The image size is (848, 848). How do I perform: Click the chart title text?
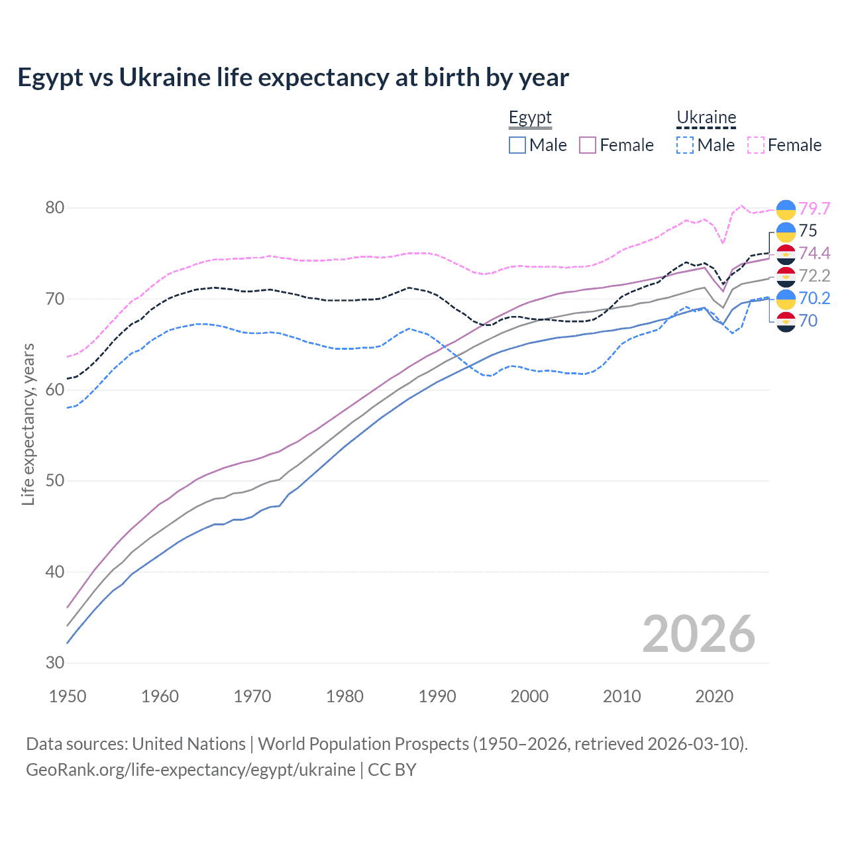tap(293, 78)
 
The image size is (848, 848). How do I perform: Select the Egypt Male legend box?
tap(517, 145)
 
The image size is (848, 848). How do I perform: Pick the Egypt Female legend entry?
tap(616, 145)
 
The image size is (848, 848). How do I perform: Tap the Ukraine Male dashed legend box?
tap(685, 145)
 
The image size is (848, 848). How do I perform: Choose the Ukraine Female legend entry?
tap(784, 145)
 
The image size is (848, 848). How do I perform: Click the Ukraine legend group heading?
tap(706, 118)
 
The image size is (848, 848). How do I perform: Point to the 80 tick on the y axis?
tap(55, 208)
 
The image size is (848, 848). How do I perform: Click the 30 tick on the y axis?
tap(55, 662)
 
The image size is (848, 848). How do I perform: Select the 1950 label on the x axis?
tap(68, 696)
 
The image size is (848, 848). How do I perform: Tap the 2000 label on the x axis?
tap(529, 696)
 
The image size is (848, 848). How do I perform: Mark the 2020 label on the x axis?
tap(714, 696)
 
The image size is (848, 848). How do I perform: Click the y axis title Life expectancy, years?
tap(28, 424)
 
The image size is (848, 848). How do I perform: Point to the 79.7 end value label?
tap(814, 209)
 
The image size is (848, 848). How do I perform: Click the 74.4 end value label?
tap(814, 253)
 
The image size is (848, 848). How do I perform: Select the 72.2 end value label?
tap(814, 276)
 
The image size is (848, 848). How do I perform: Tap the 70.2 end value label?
tap(814, 298)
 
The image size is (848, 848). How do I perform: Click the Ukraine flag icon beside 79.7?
tap(786, 209)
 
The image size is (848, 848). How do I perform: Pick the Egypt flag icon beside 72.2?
tap(786, 276)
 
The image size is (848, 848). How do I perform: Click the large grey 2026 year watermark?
tap(698, 634)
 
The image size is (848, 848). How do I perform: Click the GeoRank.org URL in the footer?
tap(191, 770)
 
